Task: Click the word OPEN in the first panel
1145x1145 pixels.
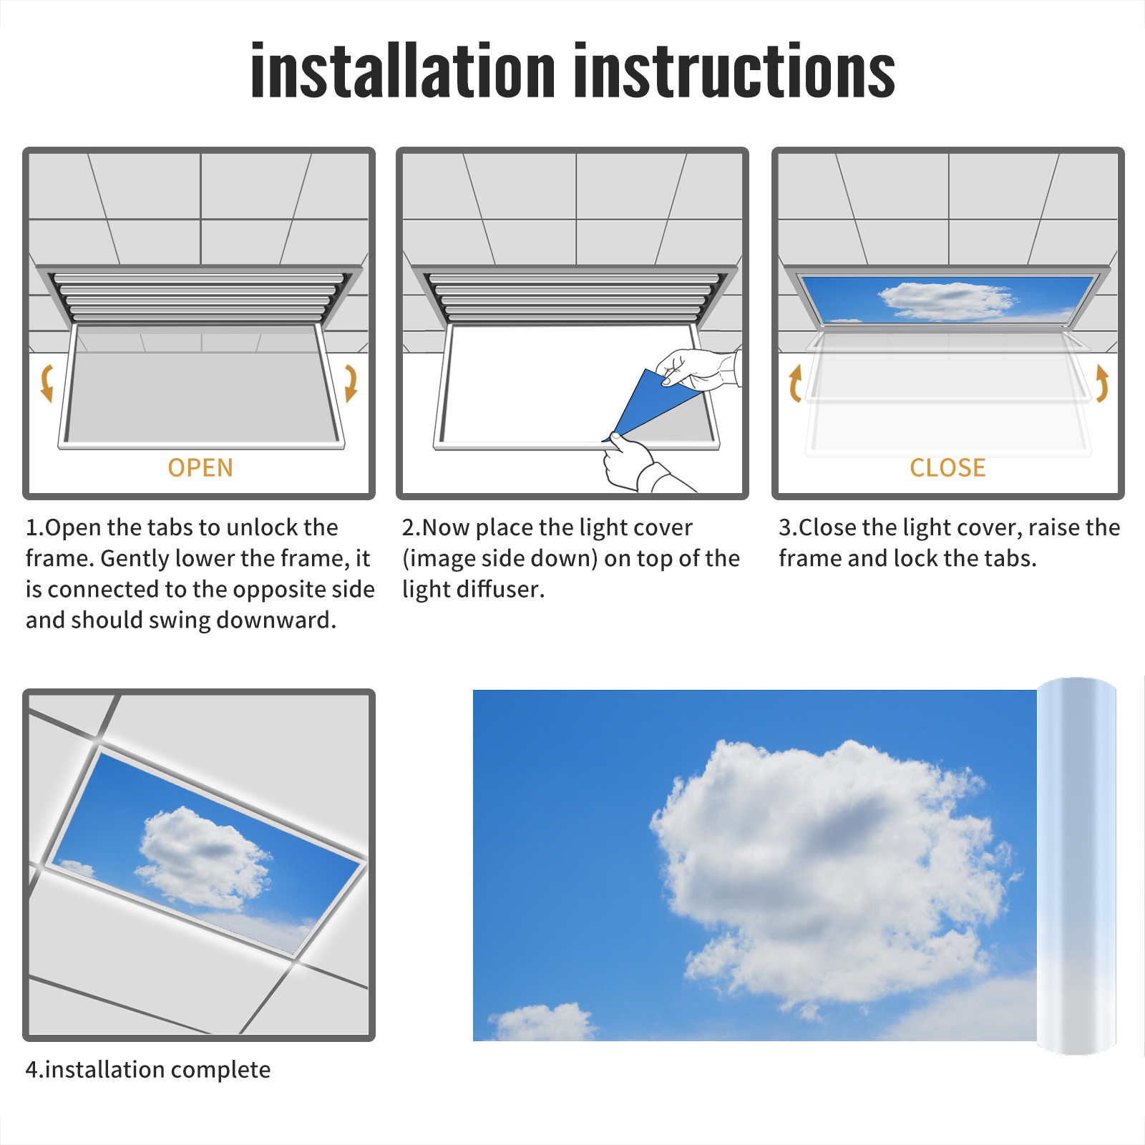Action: [x=200, y=467]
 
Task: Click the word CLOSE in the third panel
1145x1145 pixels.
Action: [x=947, y=467]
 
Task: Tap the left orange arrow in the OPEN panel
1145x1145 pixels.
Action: [x=47, y=383]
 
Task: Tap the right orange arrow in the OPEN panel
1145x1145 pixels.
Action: [x=351, y=383]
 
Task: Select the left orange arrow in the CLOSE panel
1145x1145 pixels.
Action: [x=794, y=383]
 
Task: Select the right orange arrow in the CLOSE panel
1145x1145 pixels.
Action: [x=1102, y=383]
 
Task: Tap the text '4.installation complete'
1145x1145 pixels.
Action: [x=148, y=1069]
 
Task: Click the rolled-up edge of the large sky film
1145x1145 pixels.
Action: [x=1076, y=866]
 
